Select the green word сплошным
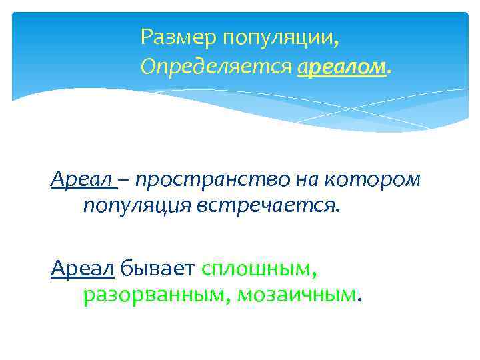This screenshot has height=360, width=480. coord(256,269)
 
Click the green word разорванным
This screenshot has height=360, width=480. coord(156,295)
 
